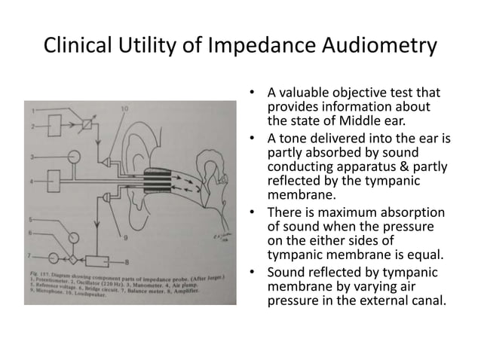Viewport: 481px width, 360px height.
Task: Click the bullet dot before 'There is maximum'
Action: tap(251, 213)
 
